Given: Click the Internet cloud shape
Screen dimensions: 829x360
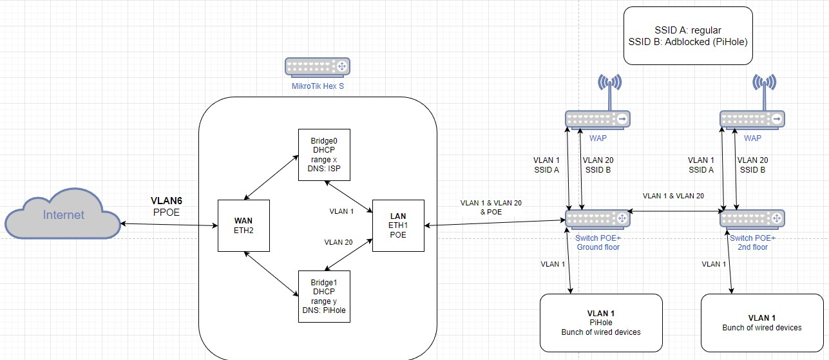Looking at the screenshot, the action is [63, 214].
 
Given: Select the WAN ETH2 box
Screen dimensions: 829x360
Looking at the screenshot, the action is [243, 225].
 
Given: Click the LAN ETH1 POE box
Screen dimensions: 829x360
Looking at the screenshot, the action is [398, 225].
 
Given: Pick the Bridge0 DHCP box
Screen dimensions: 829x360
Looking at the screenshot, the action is [324, 155].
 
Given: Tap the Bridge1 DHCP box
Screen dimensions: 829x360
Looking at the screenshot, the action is [324, 296].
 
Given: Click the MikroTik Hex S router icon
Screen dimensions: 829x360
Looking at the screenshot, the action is [318, 68].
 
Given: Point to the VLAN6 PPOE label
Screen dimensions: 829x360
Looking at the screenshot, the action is [167, 207].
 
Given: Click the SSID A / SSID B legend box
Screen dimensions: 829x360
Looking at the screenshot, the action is [688, 35].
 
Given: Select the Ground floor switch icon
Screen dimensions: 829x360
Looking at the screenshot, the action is [598, 219].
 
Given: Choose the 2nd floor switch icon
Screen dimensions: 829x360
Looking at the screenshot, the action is [752, 219].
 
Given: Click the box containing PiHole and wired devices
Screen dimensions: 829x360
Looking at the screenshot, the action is [601, 323].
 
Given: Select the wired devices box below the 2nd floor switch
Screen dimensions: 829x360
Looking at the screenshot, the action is [762, 323].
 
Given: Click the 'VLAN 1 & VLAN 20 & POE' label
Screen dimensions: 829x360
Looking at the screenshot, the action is [491, 207].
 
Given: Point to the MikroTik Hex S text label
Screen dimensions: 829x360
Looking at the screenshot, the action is [318, 86].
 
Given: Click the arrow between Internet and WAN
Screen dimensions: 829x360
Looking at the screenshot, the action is [169, 225].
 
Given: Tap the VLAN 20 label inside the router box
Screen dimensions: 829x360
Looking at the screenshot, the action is [338, 242].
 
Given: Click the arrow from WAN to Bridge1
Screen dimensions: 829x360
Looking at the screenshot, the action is [271, 274].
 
